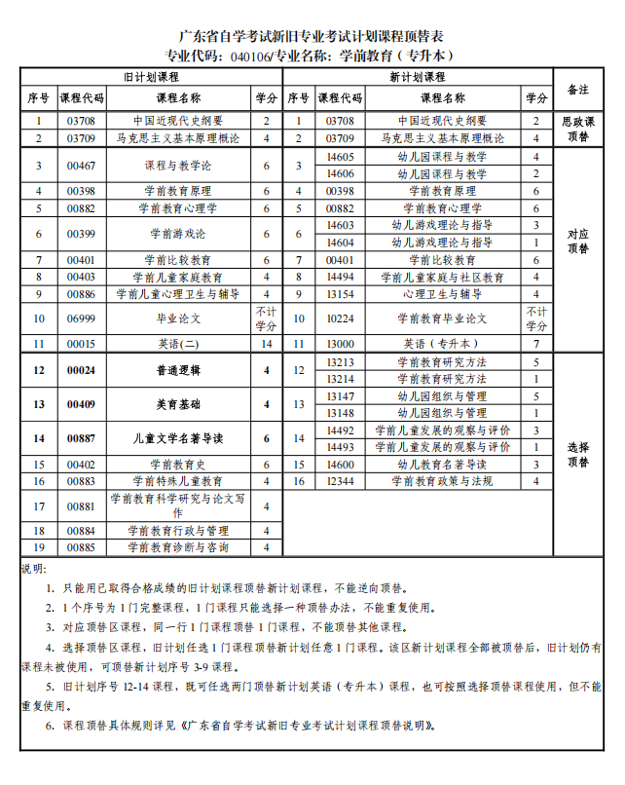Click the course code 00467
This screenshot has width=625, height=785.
pos(81,166)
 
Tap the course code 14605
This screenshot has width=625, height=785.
pos(341,157)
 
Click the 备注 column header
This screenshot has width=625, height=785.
pos(578,90)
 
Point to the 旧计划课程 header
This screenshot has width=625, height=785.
pos(151,76)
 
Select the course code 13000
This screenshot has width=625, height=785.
pos(341,344)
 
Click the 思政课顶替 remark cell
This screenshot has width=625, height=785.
pos(578,130)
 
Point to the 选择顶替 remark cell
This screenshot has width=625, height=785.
pos(578,454)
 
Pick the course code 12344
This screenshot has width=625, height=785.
pos(341,480)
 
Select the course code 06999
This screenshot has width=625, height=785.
pos(81,318)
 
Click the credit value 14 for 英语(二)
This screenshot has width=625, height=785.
pos(266,344)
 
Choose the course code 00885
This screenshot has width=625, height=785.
pos(81,548)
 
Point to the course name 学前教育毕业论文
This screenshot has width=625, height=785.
pos(443,318)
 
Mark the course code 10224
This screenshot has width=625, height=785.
pos(341,318)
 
